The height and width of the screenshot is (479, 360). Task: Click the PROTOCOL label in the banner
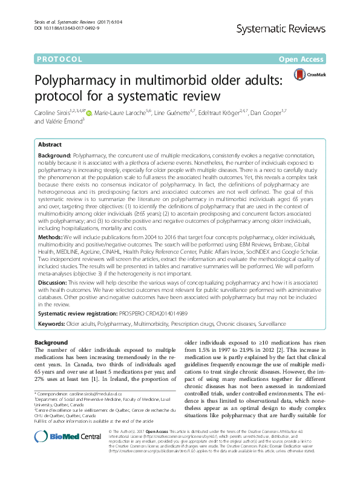pos(59,59)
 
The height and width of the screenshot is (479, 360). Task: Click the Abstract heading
pos(50,146)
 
